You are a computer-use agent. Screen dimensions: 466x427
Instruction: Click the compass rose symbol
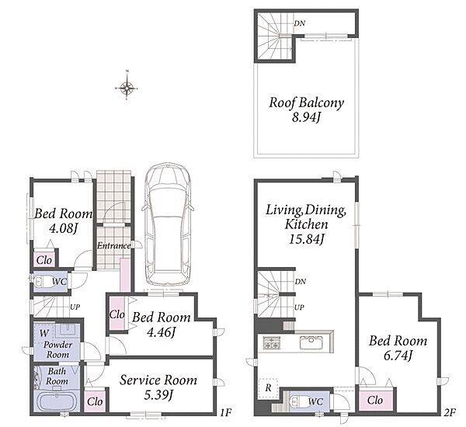click(127, 88)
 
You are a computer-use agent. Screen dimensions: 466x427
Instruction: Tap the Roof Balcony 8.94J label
click(306, 109)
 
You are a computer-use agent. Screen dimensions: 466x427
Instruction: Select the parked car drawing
click(168, 224)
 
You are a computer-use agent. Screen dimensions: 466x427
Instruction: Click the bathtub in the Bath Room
click(56, 401)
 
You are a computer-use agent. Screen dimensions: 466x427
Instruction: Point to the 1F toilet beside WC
click(43, 281)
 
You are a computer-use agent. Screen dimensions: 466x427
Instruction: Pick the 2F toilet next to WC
click(299, 401)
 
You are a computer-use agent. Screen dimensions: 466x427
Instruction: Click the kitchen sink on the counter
click(311, 342)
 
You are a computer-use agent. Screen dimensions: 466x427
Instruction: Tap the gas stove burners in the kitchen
click(271, 342)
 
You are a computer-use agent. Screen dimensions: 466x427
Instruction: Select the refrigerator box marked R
click(269, 387)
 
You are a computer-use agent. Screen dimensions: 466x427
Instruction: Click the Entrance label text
click(114, 246)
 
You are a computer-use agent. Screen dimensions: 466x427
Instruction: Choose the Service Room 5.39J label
click(158, 387)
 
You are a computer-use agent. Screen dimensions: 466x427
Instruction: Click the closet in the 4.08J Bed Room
click(44, 260)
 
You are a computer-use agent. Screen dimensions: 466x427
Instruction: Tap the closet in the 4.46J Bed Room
click(116, 314)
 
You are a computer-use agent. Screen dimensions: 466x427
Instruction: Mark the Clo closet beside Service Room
click(95, 401)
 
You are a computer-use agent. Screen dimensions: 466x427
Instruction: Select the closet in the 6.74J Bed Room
click(375, 400)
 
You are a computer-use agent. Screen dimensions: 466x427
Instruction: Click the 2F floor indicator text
click(450, 412)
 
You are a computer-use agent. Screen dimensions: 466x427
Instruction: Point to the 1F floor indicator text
click(226, 412)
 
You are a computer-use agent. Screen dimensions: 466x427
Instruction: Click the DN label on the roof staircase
click(300, 23)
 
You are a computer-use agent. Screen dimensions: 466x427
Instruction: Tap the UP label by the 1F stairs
click(75, 307)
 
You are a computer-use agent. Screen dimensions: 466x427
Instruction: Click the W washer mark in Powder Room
click(44, 333)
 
